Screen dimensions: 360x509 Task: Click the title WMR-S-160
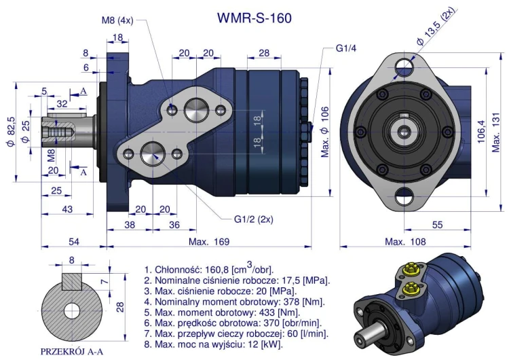pyautogui.click(x=254, y=18)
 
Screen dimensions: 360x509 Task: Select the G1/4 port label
pyautogui.click(x=346, y=49)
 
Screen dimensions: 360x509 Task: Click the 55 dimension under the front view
pyautogui.click(x=437, y=224)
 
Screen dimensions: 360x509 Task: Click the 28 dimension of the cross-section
pyautogui.click(x=120, y=307)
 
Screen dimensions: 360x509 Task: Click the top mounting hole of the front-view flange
pyautogui.click(x=404, y=65)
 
